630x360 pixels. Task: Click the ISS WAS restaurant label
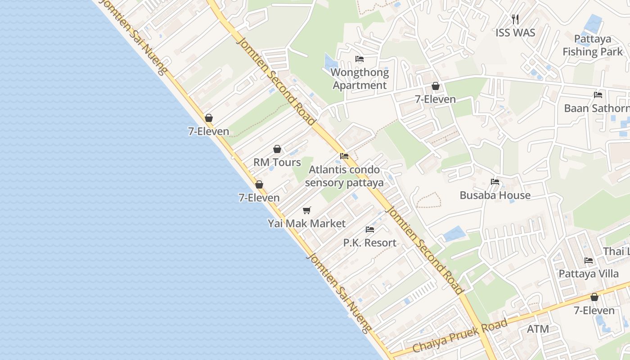coord(515,33)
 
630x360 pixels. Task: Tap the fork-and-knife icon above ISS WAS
coord(515,19)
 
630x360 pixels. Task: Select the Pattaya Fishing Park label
coord(593,45)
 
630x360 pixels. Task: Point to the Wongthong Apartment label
coord(360,79)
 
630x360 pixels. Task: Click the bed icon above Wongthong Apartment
coord(359,59)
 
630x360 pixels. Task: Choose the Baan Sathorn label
coord(597,108)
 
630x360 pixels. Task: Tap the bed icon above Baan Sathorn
coord(598,95)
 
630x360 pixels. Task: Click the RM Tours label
coord(277,162)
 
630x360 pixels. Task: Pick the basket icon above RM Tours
coord(277,149)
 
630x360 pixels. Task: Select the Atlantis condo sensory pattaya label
coord(344,176)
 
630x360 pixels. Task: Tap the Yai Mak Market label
coord(307,224)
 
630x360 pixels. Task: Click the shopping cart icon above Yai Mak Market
coord(307,210)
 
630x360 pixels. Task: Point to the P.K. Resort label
coord(370,243)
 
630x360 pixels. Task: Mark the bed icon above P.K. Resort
coord(370,229)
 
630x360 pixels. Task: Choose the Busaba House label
coord(495,195)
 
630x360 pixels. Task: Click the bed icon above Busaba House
coord(495,182)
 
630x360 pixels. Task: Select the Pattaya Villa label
coord(588,274)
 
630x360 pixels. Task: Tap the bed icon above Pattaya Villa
coord(588,261)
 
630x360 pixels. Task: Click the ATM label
coord(538,329)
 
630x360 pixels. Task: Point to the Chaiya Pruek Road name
coord(460,336)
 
